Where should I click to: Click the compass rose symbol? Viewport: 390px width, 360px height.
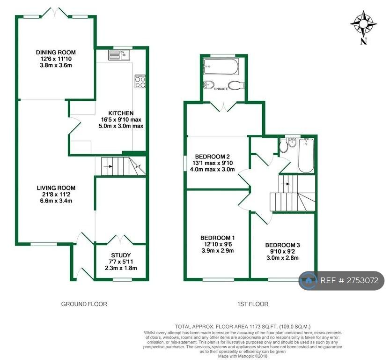point(363,24)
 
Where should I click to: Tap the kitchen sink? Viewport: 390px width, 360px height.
point(119,55)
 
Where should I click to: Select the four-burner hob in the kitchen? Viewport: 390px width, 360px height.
point(140,82)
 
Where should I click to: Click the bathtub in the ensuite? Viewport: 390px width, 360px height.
point(221,67)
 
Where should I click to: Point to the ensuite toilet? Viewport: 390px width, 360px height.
point(236,85)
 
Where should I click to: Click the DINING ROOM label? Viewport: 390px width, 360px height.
point(56,52)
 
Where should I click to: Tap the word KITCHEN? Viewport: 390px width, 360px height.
point(121,113)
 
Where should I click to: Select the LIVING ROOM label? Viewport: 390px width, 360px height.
point(56,188)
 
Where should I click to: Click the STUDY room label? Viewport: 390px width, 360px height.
point(121,255)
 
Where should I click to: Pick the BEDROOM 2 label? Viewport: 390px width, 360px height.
point(212,157)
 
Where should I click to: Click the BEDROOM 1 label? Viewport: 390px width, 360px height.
point(218,238)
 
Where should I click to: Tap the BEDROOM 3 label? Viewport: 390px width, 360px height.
point(282,245)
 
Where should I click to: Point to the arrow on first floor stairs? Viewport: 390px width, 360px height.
point(286,184)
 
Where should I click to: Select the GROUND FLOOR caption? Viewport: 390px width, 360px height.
point(84,304)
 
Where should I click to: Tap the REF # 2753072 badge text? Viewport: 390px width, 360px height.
point(349,281)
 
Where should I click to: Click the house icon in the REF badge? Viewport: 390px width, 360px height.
point(309,281)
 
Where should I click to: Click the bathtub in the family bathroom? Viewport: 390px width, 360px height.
point(306,156)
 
